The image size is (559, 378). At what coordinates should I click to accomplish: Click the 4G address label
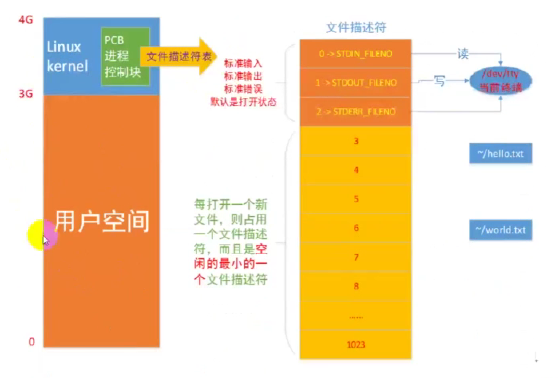pos(26,20)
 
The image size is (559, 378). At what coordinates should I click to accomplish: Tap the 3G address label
pos(26,94)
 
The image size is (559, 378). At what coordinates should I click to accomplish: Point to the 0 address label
pos(32,342)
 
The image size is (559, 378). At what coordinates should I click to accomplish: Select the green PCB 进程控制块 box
pos(125,56)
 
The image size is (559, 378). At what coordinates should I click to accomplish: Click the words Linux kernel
pos(67,56)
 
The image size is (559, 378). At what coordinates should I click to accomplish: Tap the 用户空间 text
pos(102,221)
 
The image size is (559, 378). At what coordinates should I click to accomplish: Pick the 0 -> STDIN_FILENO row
pos(355,54)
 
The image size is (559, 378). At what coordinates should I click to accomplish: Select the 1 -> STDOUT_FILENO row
pos(355,83)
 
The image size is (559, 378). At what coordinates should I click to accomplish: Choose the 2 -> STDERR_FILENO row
pos(355,112)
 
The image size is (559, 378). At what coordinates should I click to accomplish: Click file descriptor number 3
pos(356,141)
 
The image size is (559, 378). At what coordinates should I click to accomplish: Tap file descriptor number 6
pos(356,228)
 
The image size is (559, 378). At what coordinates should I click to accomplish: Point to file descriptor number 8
pos(356,286)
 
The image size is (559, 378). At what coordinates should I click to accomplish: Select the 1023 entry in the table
pos(356,344)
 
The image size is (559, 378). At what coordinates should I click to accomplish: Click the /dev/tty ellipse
pos(501,81)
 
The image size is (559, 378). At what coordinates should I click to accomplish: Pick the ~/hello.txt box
pos(500,154)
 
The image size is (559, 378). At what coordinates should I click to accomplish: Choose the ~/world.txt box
pos(500,230)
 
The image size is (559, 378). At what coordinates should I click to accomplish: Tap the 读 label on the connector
pos(463,53)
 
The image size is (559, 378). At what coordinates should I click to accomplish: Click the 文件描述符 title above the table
pos(356,28)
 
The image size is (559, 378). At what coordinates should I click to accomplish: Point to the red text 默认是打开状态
pos(243,102)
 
